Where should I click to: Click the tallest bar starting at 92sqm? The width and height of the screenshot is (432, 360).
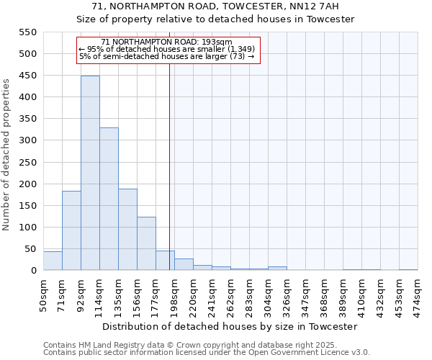(90, 173)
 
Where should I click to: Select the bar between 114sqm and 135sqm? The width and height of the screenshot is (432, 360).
(109, 199)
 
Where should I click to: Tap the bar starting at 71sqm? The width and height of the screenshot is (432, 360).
(71, 230)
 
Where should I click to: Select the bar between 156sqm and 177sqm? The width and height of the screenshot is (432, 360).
(146, 243)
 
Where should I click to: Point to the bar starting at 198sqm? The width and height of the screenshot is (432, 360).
(184, 264)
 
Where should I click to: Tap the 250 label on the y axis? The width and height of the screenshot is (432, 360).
(27, 162)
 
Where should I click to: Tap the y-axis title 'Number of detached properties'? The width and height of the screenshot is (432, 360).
(6, 155)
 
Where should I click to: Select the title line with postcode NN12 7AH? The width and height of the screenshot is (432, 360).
(215, 6)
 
